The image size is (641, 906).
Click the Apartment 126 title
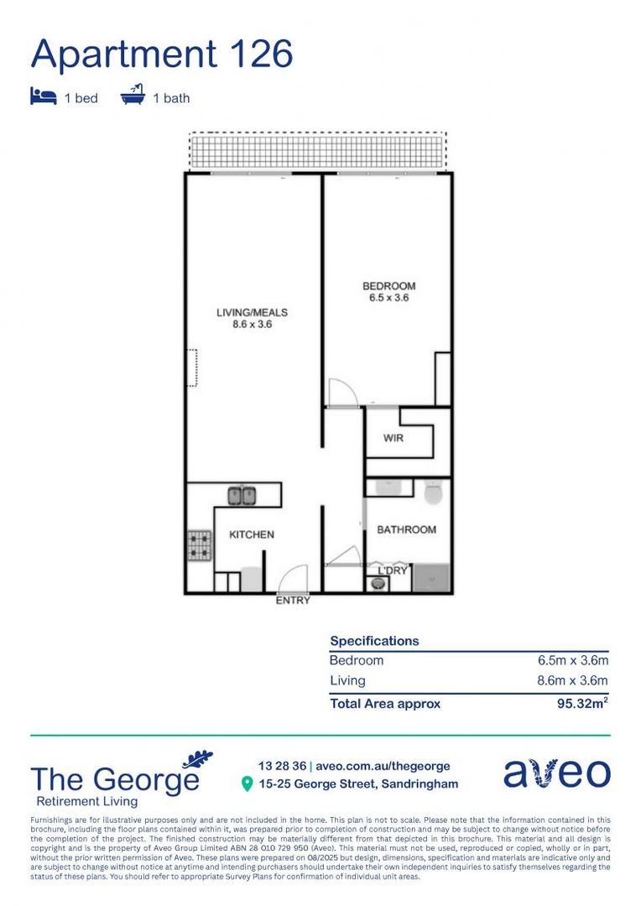[162, 54]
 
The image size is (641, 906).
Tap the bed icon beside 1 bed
[43, 96]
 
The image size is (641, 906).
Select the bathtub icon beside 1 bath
[133, 96]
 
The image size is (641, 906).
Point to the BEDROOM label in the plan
[388, 291]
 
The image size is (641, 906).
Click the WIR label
[394, 439]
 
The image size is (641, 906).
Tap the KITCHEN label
[252, 534]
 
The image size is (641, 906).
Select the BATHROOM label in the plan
[406, 529]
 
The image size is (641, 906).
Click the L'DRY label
[392, 570]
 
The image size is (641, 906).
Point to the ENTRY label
[293, 601]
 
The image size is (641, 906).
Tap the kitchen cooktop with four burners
[198, 545]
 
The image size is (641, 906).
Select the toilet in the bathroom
[433, 492]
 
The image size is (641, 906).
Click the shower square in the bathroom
[431, 578]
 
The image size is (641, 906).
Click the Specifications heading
[374, 641]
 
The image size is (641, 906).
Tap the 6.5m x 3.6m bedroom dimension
[572, 661]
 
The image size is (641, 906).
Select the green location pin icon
[247, 784]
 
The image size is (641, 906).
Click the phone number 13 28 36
[282, 766]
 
